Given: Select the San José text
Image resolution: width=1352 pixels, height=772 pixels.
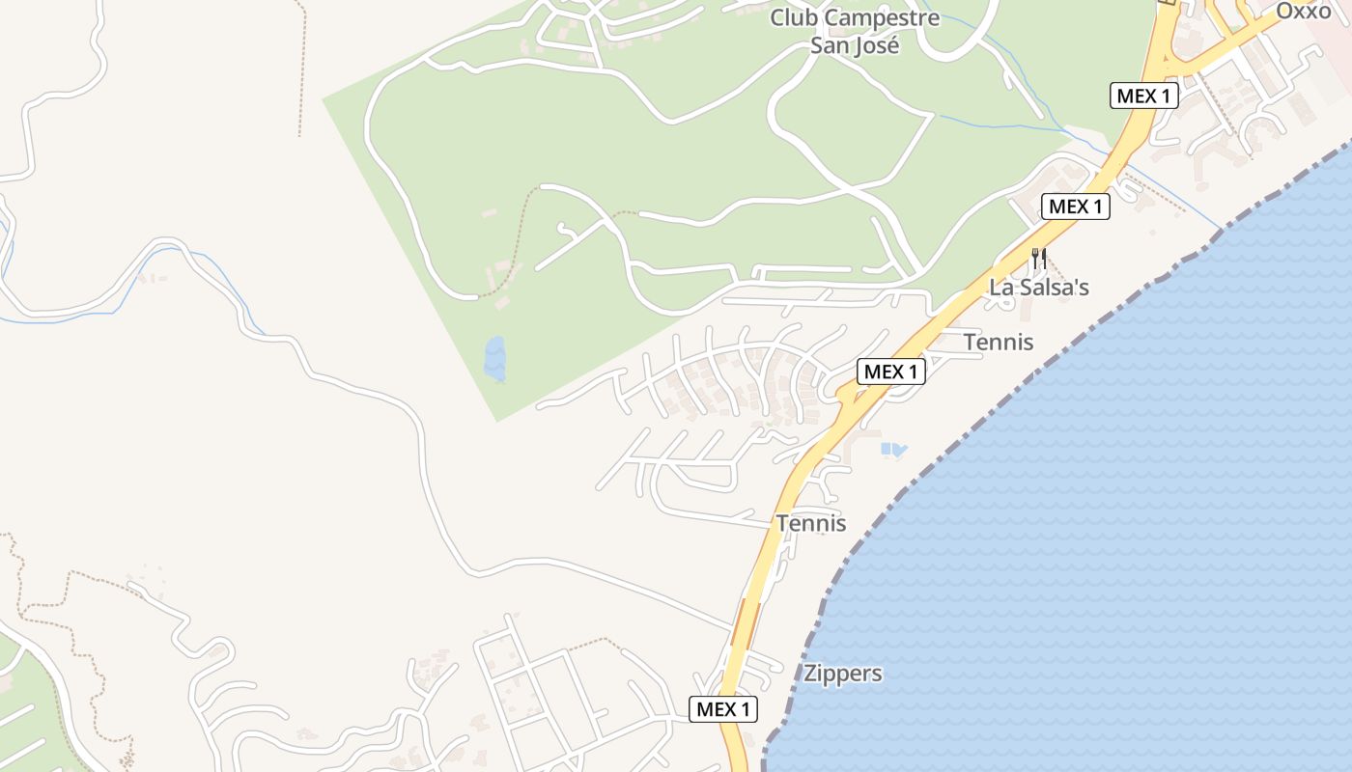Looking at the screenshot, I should click(855, 44).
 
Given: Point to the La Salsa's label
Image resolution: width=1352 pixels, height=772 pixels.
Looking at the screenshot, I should click(1039, 288).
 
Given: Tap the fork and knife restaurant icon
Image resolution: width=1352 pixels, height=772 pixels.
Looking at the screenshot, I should click(1039, 259).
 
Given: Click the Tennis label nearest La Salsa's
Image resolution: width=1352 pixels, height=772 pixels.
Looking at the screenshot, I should click(999, 343).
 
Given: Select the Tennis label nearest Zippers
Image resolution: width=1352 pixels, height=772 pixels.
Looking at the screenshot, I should click(811, 523).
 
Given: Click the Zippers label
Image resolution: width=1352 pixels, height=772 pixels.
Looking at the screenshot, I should click(843, 674).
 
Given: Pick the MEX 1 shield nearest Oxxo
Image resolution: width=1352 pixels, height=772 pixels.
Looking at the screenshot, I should click(1144, 96).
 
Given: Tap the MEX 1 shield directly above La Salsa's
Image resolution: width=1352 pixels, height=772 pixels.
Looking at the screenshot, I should click(1076, 206).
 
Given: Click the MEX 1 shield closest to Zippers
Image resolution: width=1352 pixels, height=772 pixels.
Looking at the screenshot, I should click(724, 709).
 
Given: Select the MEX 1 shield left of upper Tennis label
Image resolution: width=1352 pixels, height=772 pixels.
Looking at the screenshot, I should click(891, 371).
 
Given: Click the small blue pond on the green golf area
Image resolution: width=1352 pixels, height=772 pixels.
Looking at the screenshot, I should click(495, 359).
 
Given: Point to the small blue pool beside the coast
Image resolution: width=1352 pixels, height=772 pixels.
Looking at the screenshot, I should click(893, 449).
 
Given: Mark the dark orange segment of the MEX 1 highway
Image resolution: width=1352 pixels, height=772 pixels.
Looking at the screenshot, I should click(744, 622).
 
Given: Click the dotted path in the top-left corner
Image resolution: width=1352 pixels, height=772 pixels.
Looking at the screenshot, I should click(301, 68).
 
